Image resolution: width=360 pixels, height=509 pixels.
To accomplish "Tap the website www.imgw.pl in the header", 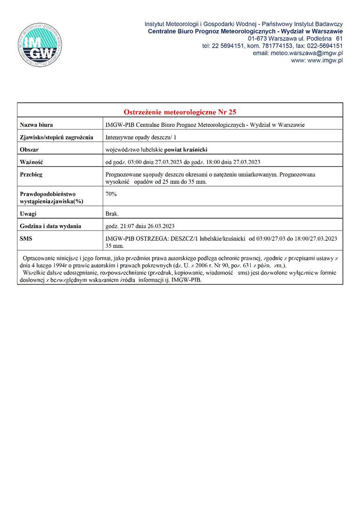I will click(317, 60).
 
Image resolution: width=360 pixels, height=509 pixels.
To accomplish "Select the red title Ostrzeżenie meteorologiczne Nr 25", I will click(180, 112).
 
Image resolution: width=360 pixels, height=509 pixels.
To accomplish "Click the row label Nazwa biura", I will click(36, 125).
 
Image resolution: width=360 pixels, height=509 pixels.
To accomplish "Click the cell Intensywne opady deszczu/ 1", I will click(141, 138).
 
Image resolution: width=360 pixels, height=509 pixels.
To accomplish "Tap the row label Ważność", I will click(32, 163).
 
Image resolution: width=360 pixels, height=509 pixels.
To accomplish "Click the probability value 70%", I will click(112, 194).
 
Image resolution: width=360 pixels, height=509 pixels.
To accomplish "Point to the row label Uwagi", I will click(28, 213).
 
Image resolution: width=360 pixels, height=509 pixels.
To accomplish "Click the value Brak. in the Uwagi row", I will click(112, 213).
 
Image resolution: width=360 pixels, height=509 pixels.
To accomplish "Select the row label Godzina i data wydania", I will click(50, 226).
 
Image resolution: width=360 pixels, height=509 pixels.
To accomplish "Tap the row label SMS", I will click(26, 238).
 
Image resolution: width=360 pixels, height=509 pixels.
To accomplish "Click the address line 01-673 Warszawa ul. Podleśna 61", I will click(295, 38).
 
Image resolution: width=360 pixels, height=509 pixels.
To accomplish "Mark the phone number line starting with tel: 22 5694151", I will click(272, 46).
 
